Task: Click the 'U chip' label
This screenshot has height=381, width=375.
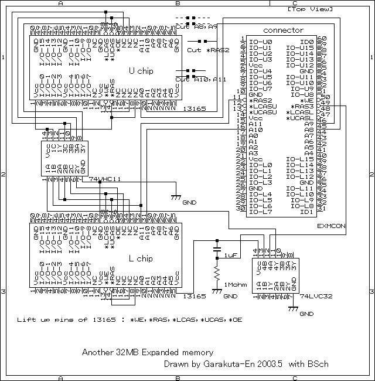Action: click(x=140, y=70)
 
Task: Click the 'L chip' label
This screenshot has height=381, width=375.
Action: click(x=140, y=258)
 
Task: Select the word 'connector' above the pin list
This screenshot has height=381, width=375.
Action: click(x=283, y=30)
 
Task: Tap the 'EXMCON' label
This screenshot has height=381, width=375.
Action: click(x=331, y=225)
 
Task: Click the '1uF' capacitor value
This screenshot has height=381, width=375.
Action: click(x=230, y=256)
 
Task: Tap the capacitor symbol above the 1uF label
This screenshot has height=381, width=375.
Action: click(x=217, y=242)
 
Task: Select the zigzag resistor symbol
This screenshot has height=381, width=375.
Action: click(x=217, y=273)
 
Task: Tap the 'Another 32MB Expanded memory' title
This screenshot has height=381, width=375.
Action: click(x=147, y=352)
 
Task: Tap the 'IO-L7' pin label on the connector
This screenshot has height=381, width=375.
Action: click(x=260, y=212)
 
